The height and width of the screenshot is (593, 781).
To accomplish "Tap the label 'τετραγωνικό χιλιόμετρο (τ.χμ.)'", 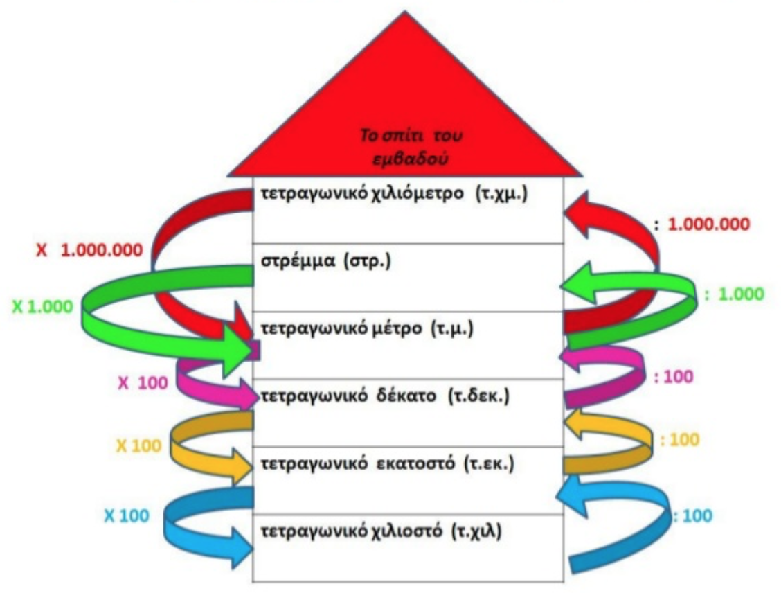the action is [x=394, y=194].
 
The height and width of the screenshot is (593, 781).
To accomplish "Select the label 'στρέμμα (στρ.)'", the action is [x=326, y=261].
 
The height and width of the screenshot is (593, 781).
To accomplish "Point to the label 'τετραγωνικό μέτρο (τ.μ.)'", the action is [x=367, y=329].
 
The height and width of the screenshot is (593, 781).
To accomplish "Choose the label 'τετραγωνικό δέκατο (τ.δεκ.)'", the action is [x=386, y=397].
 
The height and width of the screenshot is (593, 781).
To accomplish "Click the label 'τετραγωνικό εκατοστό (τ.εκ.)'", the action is [x=388, y=464].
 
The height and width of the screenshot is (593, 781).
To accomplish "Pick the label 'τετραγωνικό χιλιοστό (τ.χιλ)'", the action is [x=381, y=532].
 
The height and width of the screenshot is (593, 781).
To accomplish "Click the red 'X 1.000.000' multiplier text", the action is [x=89, y=249].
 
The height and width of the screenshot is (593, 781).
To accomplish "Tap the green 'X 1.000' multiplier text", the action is [x=42, y=306].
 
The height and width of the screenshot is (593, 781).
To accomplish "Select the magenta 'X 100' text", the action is [x=143, y=383].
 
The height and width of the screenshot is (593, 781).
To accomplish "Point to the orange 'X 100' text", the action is [x=139, y=445].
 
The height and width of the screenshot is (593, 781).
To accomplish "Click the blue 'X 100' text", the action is [x=127, y=515].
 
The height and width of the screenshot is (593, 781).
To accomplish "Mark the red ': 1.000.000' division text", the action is [x=702, y=224].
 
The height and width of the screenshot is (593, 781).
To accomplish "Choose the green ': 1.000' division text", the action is [x=734, y=294].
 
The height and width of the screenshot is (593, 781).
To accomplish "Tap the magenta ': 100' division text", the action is [x=674, y=377].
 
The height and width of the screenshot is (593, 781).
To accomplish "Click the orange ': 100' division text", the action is [x=680, y=439].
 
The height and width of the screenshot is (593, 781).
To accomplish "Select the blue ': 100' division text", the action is [x=693, y=515].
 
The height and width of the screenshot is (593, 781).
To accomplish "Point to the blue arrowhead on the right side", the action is [x=572, y=496].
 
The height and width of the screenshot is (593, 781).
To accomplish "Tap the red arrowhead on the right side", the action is [x=580, y=213].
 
